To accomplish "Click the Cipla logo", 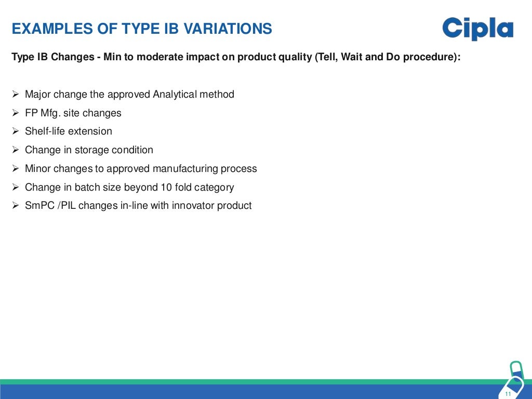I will click(x=477, y=29).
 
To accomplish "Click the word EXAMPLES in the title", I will click(x=46, y=29).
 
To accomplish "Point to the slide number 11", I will click(x=508, y=394).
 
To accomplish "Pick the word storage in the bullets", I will click(x=94, y=150).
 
